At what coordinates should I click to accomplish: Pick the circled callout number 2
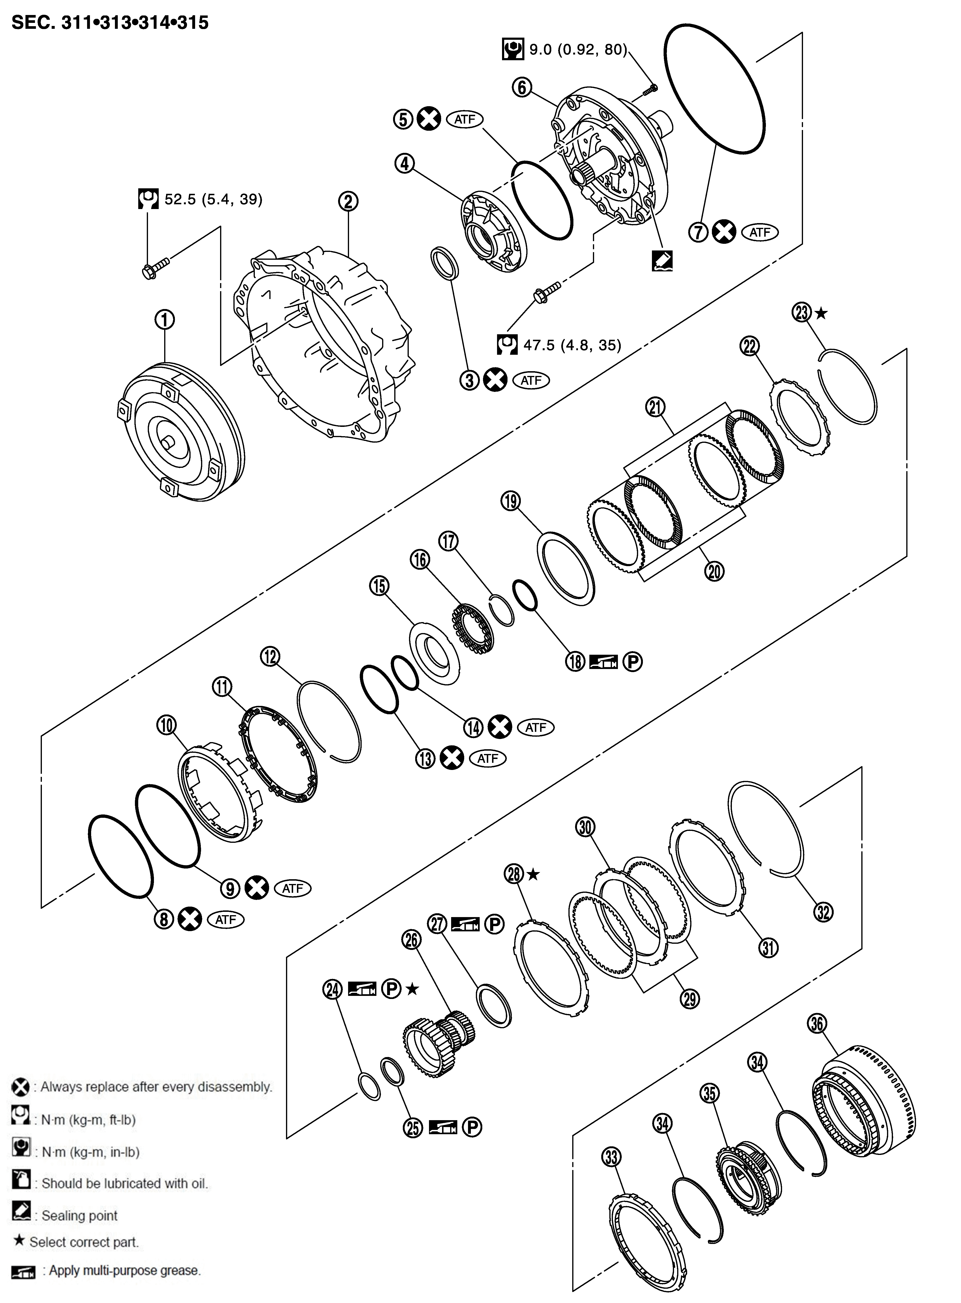tap(348, 201)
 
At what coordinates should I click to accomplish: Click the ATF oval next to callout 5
tap(465, 119)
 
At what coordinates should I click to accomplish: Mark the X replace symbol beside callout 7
tap(724, 232)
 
